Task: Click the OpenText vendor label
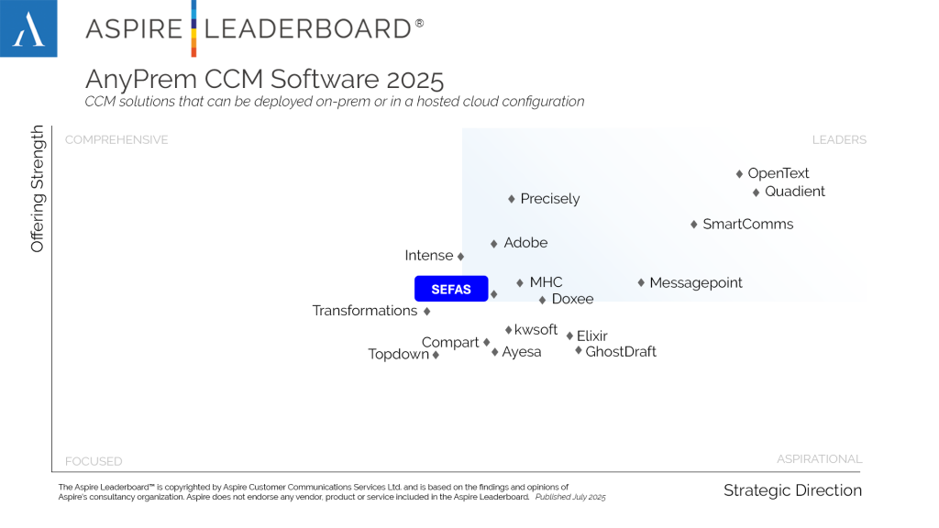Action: pos(779,173)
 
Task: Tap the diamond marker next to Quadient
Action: pos(757,192)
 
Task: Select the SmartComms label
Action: pos(747,225)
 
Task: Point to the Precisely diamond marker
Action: pos(512,199)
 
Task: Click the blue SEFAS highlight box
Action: pos(451,289)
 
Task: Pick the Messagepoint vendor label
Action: pos(696,283)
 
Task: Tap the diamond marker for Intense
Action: pos(460,257)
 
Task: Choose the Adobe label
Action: pos(525,243)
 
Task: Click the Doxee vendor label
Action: pos(572,300)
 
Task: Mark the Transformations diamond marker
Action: pos(427,312)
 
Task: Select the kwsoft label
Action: pos(536,330)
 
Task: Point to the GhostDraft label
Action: pos(621,351)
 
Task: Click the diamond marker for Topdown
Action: pos(436,356)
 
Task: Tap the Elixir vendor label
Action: pos(592,336)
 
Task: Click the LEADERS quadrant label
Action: pos(839,140)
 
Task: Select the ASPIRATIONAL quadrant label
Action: pos(819,459)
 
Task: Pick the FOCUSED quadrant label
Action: pos(94,461)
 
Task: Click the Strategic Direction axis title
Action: pos(792,490)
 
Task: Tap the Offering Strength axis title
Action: pos(38,190)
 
